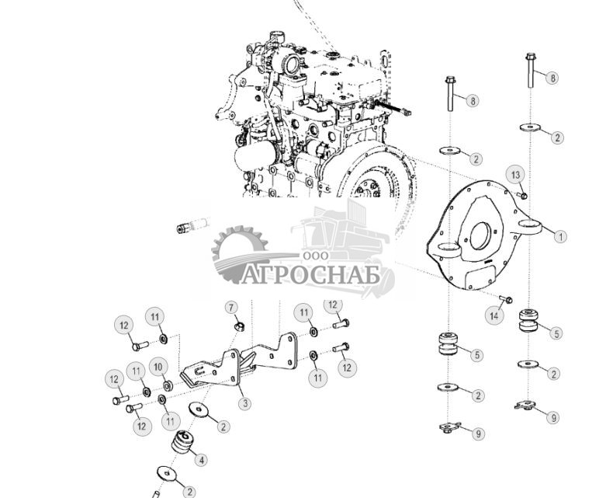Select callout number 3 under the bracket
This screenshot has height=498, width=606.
tap(244, 403)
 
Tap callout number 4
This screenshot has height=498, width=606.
tap(203, 460)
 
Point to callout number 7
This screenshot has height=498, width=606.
tap(231, 308)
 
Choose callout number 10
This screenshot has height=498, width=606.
tap(158, 366)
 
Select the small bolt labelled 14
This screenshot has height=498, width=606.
tap(507, 299)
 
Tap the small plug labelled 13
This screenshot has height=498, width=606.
tap(525, 194)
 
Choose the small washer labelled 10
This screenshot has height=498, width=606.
tap(168, 385)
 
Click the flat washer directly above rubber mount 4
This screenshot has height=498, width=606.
tap(201, 410)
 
